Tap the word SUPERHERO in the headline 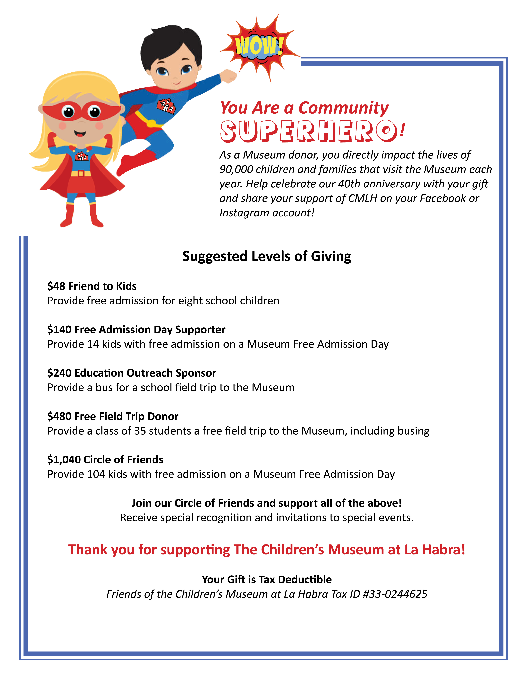pos(309,131)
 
